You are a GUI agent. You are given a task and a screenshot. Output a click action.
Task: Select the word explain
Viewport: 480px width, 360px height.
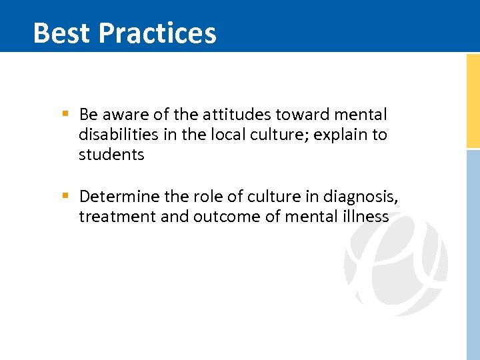tap(341, 135)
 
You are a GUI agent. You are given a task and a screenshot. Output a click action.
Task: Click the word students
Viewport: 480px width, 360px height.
tap(111, 155)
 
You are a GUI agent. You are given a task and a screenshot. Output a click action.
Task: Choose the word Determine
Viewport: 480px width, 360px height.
tap(119, 196)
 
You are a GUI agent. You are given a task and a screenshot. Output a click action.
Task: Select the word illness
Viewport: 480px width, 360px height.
tap(365, 216)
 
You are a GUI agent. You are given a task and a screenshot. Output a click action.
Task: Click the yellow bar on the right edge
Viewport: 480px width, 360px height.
tap(473, 100)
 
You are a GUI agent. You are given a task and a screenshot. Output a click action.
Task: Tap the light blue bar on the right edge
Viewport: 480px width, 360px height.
tap(473, 253)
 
